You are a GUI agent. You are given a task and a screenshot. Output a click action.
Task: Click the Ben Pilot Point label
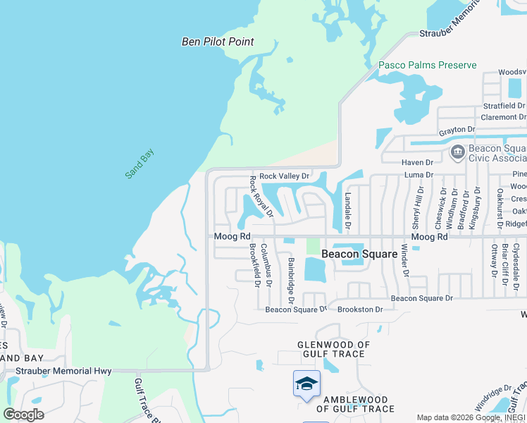(218, 42)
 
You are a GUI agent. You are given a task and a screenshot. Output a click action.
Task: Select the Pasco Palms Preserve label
(427, 65)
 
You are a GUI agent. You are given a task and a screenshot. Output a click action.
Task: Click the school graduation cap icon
(306, 384)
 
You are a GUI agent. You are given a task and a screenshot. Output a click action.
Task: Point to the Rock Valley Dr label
(284, 176)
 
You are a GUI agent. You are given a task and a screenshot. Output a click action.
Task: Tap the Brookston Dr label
(360, 309)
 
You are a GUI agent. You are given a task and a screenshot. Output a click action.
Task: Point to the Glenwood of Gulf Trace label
(333, 349)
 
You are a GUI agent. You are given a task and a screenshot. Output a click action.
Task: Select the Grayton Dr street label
(457, 130)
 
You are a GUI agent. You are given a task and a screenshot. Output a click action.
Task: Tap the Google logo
(23, 415)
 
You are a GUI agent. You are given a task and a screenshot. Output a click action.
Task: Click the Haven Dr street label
(417, 163)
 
